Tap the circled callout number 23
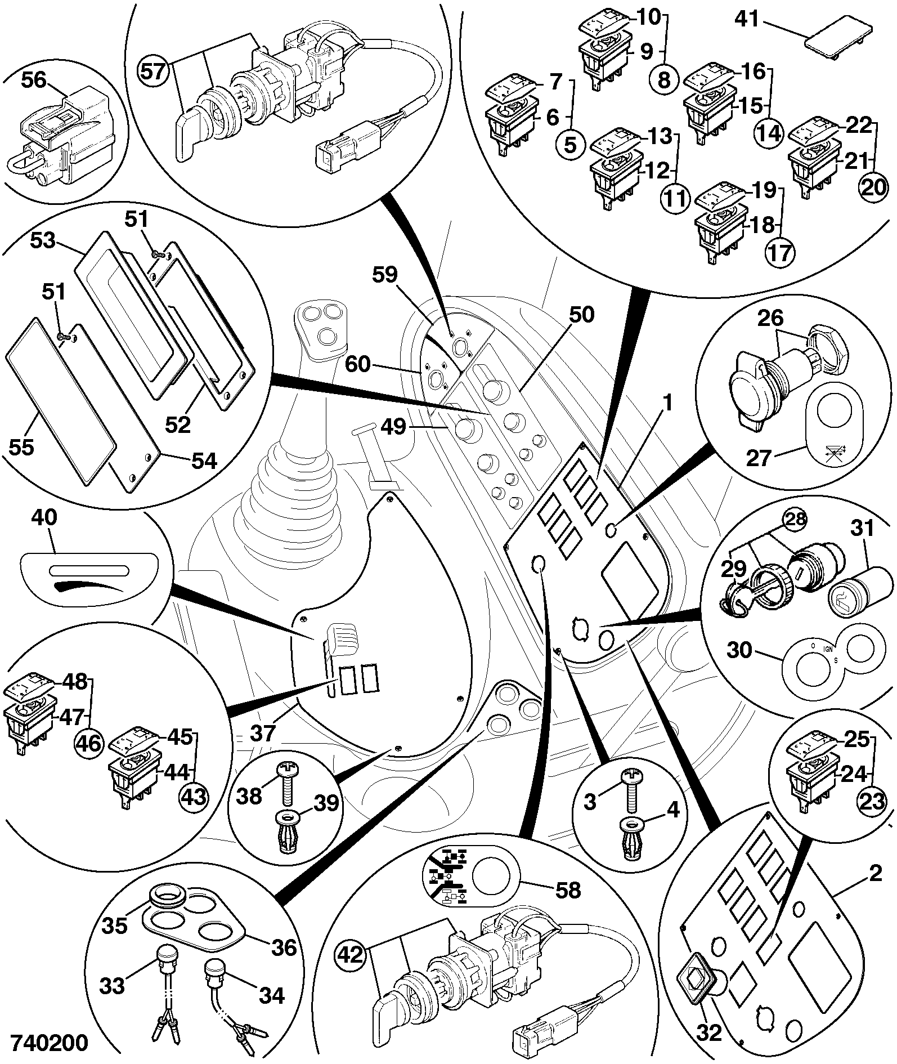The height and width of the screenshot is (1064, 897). point(871,801)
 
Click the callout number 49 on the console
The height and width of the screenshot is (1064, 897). point(393,427)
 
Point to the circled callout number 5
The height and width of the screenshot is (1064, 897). point(570,146)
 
